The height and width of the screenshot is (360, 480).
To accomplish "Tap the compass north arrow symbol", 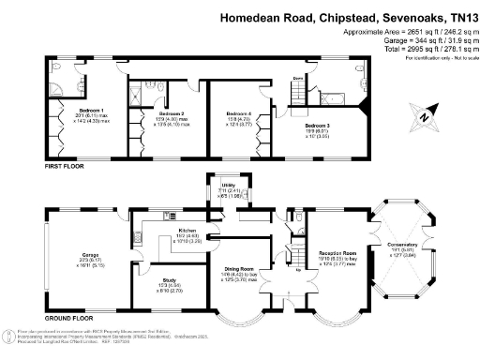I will click(x=424, y=118).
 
